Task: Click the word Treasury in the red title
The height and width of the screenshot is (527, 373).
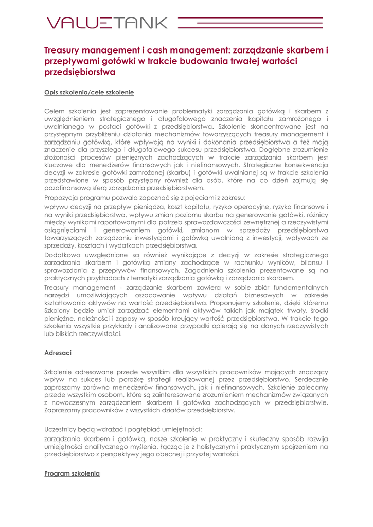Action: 64,51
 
